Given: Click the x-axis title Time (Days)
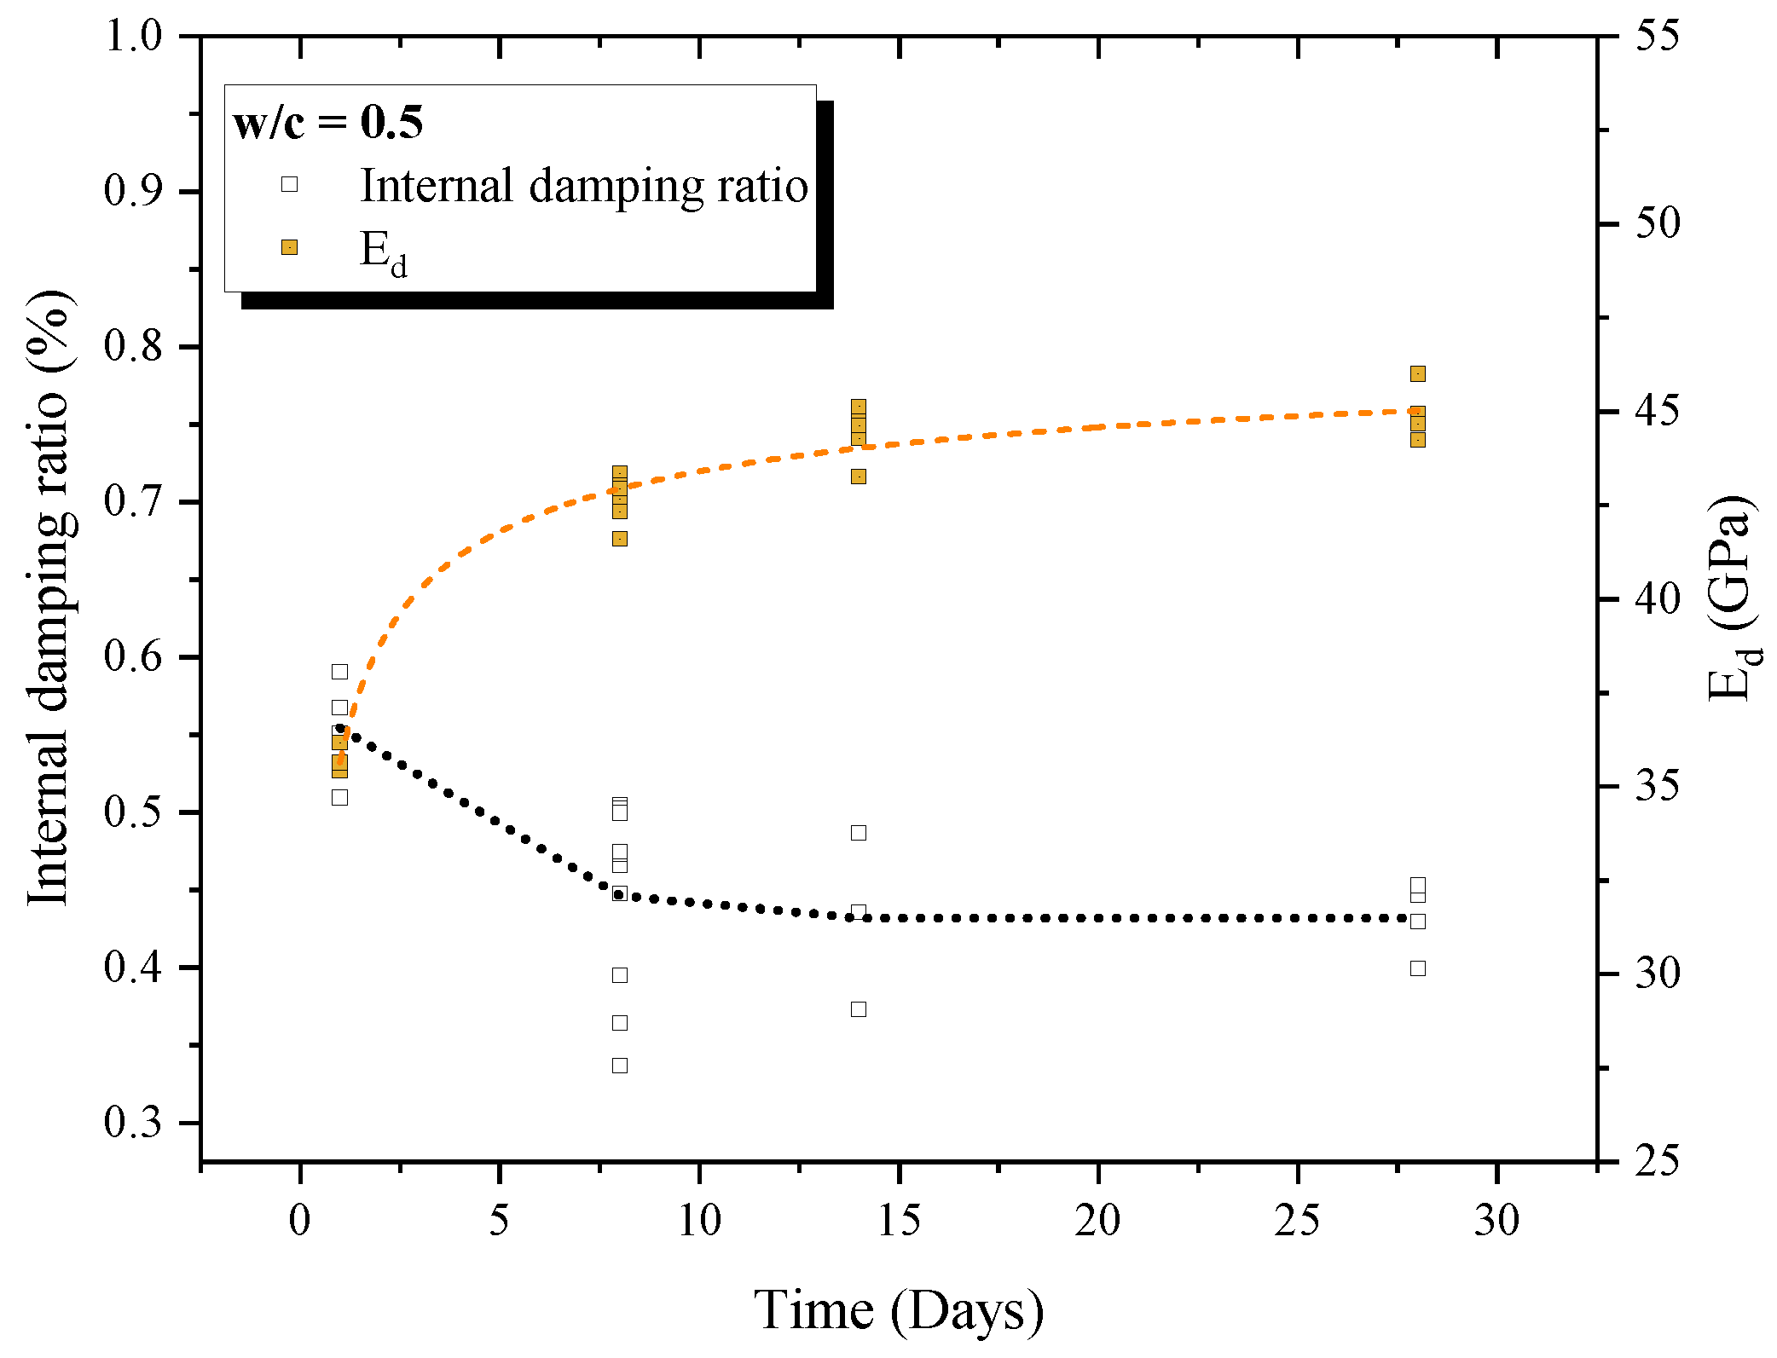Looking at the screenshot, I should click(899, 1309).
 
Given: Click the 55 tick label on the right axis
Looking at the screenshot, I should click(1657, 36).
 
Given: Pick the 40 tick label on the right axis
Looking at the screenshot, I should click(1657, 598).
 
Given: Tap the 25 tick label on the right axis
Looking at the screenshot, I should click(1657, 1161).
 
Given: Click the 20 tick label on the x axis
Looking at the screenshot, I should click(1097, 1221).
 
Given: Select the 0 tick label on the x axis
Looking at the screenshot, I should click(299, 1221).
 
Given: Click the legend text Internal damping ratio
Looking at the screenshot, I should click(584, 185).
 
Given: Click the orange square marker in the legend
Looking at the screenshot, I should click(290, 247).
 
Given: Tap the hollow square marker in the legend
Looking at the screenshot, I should click(290, 184).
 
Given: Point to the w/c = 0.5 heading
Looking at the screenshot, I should click(328, 122).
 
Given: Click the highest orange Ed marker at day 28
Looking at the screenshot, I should click(1418, 373).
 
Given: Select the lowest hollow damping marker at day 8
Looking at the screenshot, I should click(620, 1066).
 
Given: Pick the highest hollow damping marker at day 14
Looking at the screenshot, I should click(859, 833).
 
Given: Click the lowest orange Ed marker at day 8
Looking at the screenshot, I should click(620, 539).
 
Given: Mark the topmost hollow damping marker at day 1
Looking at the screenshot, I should click(339, 672).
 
